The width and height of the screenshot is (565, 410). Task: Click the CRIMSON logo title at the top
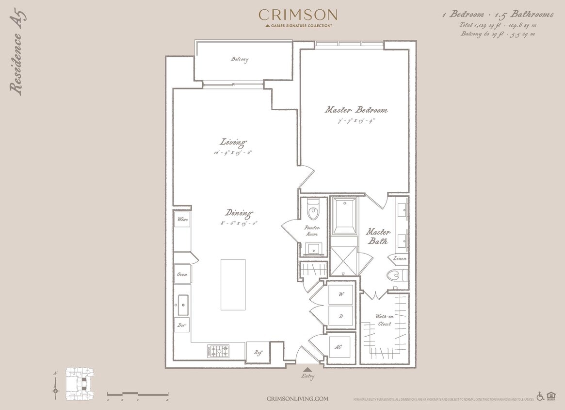[x=297, y=15]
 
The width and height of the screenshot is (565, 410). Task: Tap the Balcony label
[x=240, y=60]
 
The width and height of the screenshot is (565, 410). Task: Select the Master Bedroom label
[x=356, y=110]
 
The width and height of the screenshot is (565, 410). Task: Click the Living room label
[x=233, y=142]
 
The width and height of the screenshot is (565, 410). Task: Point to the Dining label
[x=239, y=213]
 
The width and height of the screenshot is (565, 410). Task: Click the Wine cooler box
[x=182, y=219]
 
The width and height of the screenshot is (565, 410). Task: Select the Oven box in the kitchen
[x=182, y=274]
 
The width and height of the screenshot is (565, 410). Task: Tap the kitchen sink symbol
[x=183, y=305]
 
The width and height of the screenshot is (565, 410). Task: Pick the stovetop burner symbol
[x=218, y=350]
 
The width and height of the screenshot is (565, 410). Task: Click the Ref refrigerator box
[x=258, y=352]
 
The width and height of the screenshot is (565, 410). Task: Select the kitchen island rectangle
[x=233, y=285]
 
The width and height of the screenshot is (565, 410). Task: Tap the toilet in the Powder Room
[x=313, y=210]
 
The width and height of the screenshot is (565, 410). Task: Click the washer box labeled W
[x=340, y=294]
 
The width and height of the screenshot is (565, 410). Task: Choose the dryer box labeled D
[x=340, y=316]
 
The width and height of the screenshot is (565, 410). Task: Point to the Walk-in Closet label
[x=384, y=320]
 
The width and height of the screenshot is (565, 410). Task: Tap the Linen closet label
[x=400, y=258]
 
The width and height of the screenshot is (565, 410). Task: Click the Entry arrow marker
[x=307, y=370]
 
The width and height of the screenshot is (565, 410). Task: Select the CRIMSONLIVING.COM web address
[x=297, y=399]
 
